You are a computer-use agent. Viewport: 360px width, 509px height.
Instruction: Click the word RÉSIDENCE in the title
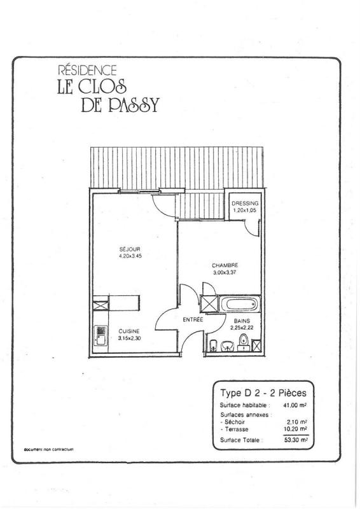(87, 70)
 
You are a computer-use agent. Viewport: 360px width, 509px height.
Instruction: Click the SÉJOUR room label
(130, 249)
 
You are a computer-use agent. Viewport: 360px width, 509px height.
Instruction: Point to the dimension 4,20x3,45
(130, 256)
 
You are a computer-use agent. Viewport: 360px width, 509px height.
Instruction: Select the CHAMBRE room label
(225, 265)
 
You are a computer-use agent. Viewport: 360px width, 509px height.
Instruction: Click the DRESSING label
(245, 203)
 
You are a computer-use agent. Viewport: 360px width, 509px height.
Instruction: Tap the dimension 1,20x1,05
(245, 210)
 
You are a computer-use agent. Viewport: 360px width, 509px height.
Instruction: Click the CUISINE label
(129, 331)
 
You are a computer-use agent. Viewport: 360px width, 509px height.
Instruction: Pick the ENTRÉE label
(193, 319)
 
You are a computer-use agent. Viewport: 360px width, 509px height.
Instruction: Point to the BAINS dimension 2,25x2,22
(242, 328)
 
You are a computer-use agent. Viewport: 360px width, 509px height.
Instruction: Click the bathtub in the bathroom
(240, 304)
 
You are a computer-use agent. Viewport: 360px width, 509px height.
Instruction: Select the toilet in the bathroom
(244, 342)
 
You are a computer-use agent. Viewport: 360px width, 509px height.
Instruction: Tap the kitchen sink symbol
(100, 336)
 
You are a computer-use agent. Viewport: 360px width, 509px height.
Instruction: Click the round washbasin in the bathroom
(228, 346)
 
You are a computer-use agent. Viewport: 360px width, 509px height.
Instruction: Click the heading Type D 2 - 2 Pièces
(263, 393)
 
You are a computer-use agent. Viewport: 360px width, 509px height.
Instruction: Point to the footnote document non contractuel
(49, 450)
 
